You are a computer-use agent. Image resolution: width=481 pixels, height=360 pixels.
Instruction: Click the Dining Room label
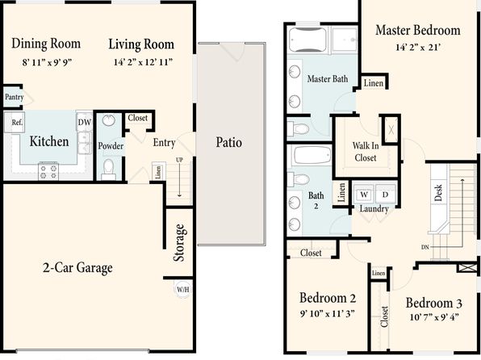tap(46, 44)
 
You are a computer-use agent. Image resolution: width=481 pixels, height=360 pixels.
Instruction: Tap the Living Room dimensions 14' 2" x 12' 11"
tap(143, 62)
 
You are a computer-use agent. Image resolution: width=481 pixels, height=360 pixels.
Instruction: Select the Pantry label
tap(14, 97)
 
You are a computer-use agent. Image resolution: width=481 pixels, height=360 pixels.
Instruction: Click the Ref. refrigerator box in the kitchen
tap(15, 123)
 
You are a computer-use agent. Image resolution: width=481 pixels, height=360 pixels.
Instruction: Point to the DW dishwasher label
tap(85, 122)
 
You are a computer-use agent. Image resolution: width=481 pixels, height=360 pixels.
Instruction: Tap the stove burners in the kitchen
tap(48, 172)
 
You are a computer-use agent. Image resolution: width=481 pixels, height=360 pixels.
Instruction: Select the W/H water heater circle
tap(183, 289)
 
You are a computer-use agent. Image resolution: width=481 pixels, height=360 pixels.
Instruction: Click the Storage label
tap(179, 243)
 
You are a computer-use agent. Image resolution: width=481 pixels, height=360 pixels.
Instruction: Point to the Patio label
tap(229, 142)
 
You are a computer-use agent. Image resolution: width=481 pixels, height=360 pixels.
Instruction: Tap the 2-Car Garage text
tap(77, 268)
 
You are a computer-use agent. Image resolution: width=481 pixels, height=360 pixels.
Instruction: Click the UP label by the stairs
tap(179, 160)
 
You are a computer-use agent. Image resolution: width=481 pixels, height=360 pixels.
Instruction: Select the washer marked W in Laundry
tap(364, 195)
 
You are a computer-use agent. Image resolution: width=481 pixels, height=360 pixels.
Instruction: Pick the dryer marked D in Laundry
tap(385, 195)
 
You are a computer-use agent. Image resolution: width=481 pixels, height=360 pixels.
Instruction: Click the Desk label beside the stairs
tap(438, 193)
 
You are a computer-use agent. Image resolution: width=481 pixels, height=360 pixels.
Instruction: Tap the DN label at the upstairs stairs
tap(425, 247)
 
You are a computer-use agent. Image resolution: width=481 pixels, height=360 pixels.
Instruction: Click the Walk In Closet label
tap(366, 152)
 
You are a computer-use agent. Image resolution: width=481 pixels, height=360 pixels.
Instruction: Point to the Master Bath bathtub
tap(307, 40)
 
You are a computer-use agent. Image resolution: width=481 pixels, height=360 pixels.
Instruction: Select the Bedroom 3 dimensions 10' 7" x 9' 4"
tap(434, 317)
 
